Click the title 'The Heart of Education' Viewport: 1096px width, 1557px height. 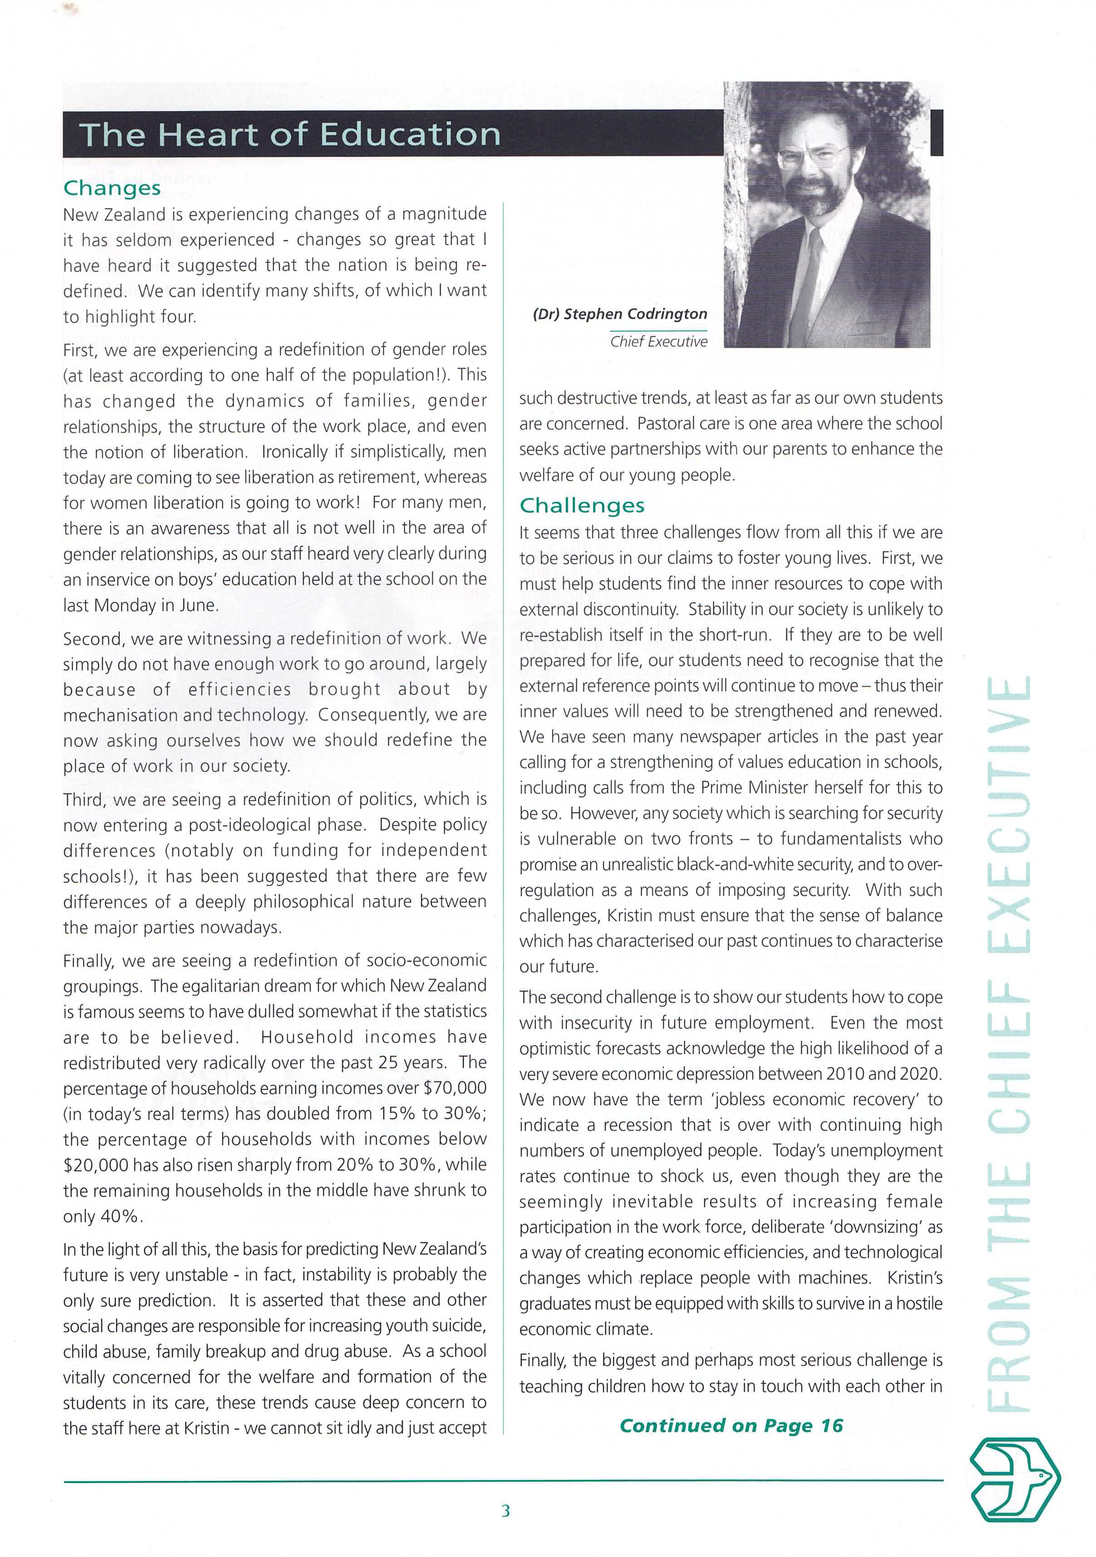[289, 134]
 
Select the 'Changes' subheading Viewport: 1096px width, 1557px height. [112, 188]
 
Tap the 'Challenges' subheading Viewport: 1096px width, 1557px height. [582, 505]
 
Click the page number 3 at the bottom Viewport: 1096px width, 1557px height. [505, 1510]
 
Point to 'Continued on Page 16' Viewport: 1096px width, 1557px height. [731, 1426]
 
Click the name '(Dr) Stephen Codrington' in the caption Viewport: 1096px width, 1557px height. [620, 314]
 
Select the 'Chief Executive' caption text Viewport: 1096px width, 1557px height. [659, 342]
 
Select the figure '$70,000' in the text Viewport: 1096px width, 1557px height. [455, 1088]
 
